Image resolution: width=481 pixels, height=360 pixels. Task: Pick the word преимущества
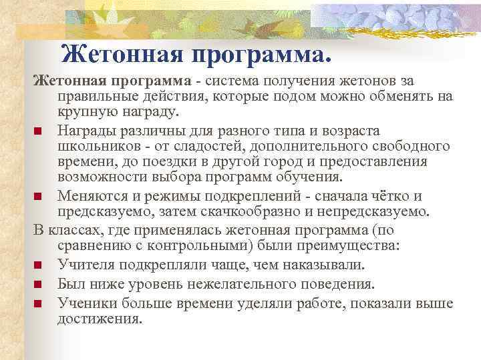(350, 246)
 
